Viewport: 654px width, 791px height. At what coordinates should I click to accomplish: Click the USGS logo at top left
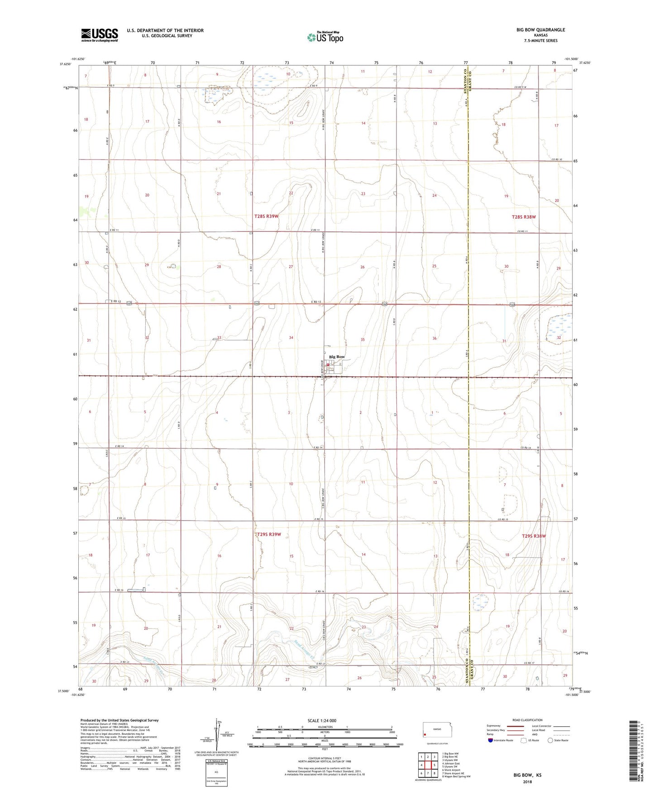(x=100, y=34)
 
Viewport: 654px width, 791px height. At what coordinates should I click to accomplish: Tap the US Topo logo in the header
(x=325, y=37)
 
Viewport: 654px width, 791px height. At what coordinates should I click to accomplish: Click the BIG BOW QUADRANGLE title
(x=540, y=30)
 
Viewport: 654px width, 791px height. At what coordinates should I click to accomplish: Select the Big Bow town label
(x=337, y=357)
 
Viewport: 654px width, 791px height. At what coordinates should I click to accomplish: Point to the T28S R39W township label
(x=266, y=217)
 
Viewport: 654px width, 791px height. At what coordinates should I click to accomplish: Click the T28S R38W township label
(x=524, y=217)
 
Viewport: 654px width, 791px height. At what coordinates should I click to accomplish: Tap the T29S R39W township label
(x=269, y=535)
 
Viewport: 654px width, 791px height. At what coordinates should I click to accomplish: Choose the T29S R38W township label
(x=534, y=536)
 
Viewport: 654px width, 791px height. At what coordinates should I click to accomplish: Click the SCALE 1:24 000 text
(x=322, y=720)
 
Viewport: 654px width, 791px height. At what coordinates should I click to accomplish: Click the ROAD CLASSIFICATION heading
(x=527, y=720)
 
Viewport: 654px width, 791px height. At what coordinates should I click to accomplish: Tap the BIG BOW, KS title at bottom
(x=527, y=775)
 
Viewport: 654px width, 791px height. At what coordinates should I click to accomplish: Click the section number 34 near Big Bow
(x=291, y=338)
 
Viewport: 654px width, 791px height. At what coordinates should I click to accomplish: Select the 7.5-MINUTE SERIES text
(x=540, y=41)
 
